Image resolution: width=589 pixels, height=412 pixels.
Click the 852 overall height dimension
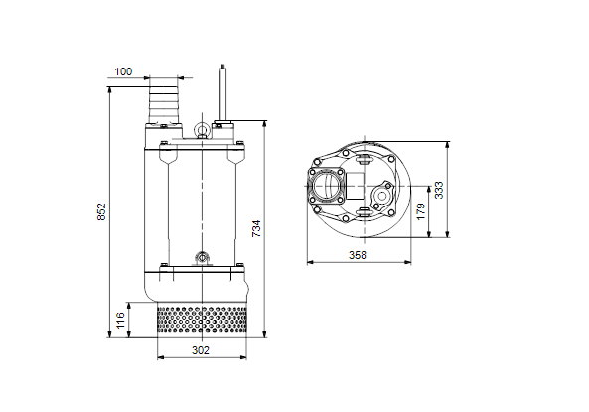pos(101,211)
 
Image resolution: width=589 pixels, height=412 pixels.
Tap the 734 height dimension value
pos(256,228)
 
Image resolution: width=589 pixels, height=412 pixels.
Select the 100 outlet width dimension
pos(123,71)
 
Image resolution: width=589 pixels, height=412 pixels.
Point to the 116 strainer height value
pos(120,320)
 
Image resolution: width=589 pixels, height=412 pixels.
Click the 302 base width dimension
pos(201,350)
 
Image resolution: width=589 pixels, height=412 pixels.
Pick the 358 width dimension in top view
pos(358,255)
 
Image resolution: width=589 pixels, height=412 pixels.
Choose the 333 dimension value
pos(439,190)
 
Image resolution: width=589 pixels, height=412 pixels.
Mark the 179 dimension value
pos(421,211)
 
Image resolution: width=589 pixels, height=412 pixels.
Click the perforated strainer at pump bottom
pos(202,319)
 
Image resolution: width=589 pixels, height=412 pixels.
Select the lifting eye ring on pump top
pos(202,130)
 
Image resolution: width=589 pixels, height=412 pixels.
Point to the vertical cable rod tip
pos(222,67)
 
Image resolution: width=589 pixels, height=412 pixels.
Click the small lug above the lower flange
pos(202,258)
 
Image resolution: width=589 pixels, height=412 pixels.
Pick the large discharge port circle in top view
pos(325,186)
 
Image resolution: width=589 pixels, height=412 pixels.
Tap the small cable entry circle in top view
pos(381,196)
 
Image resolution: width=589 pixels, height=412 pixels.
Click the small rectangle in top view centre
pos(355,186)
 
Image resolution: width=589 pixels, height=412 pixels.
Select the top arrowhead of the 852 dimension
pos(110,90)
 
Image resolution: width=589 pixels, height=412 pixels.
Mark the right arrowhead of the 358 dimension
pos(407,262)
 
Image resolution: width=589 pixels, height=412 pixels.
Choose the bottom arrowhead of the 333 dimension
pos(447,234)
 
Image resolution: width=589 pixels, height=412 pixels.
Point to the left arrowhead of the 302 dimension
pos(161,357)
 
